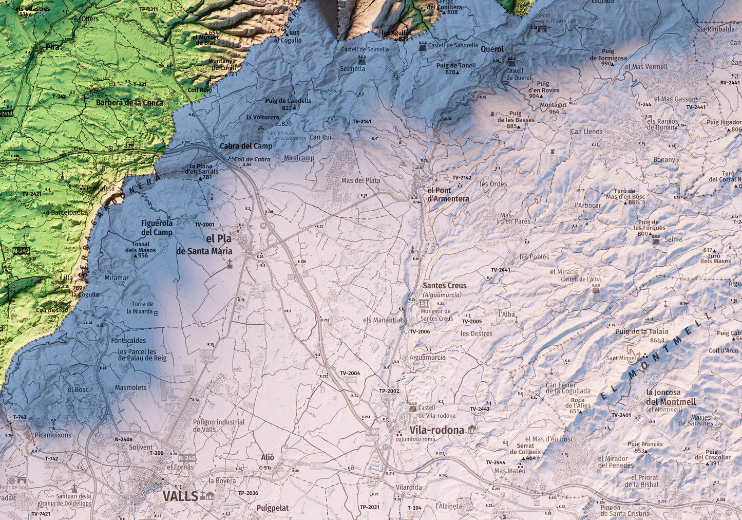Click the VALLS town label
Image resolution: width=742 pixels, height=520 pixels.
[x=180, y=496]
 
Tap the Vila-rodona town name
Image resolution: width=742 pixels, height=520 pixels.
[x=436, y=430]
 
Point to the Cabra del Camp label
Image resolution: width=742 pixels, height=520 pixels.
[x=246, y=146]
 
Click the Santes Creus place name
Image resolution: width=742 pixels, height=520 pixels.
[x=444, y=286]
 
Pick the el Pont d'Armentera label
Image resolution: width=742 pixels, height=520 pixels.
[x=448, y=195]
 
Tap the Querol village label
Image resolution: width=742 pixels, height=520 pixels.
[x=492, y=49]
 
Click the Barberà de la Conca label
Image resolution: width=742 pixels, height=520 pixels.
[x=129, y=102]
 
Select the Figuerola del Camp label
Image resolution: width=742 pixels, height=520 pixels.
[x=157, y=228]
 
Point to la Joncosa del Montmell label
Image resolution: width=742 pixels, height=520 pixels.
[x=671, y=397]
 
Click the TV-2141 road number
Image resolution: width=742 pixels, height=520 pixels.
[x=362, y=122]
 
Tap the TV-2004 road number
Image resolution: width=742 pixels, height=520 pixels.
[x=350, y=373]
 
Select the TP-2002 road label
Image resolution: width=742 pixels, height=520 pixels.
[x=389, y=391]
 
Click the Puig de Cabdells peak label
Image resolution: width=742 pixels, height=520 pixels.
[x=288, y=101]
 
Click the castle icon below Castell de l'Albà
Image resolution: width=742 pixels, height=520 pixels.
[x=596, y=289]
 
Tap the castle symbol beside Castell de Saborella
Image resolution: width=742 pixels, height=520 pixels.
[x=422, y=46]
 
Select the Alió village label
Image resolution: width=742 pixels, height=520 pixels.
[x=268, y=458]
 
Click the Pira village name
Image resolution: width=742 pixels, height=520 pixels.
[x=52, y=47]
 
